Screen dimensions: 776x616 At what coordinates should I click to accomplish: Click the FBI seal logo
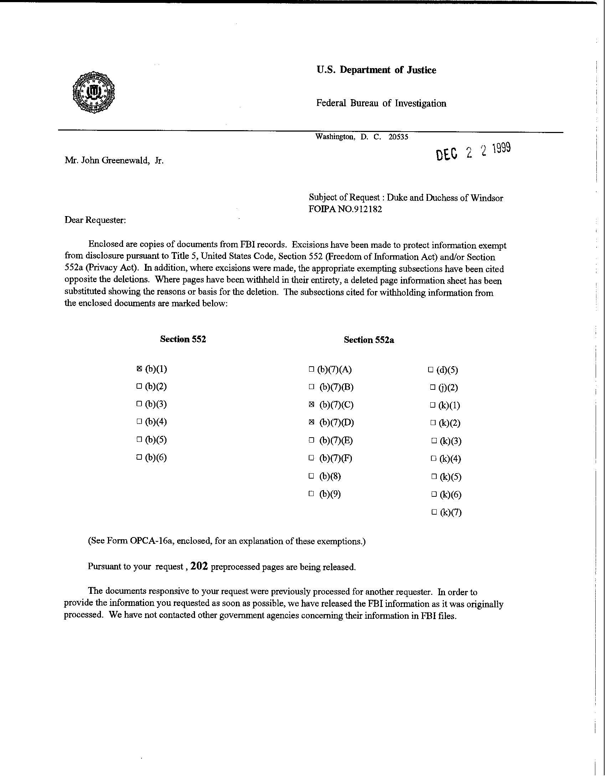pos(93,92)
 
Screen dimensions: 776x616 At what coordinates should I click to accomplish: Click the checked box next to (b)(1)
pos(139,368)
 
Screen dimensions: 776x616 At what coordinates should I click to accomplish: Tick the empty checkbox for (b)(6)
pos(139,457)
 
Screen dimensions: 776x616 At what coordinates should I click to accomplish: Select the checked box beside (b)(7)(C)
pos(312,404)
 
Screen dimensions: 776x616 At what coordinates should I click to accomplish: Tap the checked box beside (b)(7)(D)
pos(312,422)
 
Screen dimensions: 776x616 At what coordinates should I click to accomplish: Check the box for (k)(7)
pos(434,512)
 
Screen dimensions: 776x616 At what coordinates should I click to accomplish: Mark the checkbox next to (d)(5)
pos(431,369)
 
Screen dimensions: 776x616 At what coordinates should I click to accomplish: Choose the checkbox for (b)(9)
pos(312,494)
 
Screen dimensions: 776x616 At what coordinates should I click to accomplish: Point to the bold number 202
pos(199,566)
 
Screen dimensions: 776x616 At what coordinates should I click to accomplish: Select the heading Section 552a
pos(369,340)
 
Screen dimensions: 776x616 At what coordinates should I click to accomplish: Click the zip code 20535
pos(398,137)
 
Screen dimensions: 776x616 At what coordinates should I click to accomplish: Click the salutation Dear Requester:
pos(95,220)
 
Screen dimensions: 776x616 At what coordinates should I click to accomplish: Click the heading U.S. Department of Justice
pos(376,70)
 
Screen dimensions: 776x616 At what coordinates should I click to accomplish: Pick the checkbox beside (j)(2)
pos(433,387)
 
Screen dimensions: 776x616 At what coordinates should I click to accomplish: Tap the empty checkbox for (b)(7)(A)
pos(312,369)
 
